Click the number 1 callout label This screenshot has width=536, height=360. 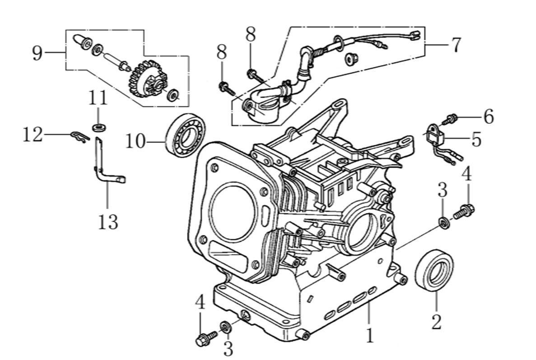370,336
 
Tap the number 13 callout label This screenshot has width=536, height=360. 108,222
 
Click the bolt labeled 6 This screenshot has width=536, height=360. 450,119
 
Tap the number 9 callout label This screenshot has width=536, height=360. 37,54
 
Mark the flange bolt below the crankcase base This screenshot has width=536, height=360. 204,339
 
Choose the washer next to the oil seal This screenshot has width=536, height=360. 444,221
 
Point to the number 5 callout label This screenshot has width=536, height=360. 476,140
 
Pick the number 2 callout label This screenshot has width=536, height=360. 436,322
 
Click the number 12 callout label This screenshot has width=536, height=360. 33,135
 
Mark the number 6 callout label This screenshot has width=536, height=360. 488,117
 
